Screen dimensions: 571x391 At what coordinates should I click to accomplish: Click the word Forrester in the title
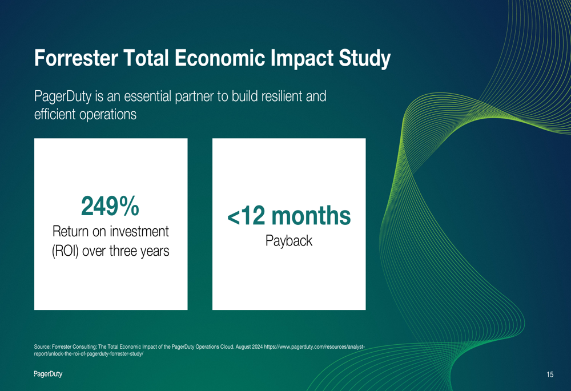tap(76, 58)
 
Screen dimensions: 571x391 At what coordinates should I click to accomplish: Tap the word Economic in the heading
tap(220, 58)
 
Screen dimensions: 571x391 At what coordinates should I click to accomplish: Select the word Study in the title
tap(364, 59)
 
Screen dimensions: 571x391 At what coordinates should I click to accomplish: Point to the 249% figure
tap(110, 205)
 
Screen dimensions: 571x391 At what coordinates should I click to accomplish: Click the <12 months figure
tap(289, 216)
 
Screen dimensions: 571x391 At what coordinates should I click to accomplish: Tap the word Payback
tap(289, 241)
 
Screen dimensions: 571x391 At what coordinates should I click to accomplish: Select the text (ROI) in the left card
tap(65, 251)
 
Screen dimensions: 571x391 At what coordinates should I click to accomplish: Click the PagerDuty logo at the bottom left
tap(48, 374)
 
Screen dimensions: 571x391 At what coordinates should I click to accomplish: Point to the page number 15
tap(550, 374)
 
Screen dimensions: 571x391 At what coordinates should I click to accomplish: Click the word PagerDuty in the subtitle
tap(63, 97)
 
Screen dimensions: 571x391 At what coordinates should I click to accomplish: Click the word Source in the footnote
tap(42, 346)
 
